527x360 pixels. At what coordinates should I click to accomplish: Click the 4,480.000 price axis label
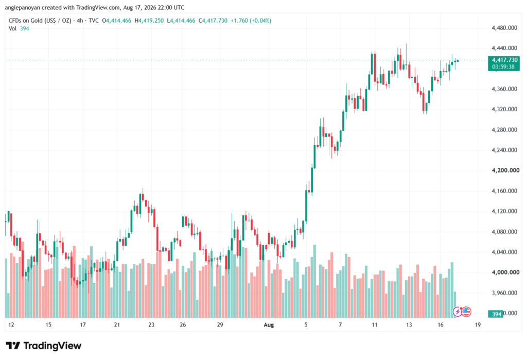click(x=504, y=28)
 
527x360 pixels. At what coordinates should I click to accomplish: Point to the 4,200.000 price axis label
click(x=505, y=170)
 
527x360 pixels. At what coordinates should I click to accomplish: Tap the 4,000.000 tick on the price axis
click(x=504, y=272)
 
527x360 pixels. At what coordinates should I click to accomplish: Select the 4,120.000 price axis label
click(x=504, y=211)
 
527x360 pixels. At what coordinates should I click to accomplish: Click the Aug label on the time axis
click(x=269, y=324)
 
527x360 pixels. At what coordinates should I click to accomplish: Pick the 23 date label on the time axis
click(x=151, y=324)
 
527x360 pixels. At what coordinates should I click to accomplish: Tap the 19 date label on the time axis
click(x=478, y=324)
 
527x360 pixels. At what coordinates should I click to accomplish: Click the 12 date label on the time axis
click(x=11, y=324)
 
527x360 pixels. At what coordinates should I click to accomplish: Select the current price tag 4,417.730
click(x=504, y=60)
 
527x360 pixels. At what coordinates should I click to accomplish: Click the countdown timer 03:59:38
click(x=503, y=66)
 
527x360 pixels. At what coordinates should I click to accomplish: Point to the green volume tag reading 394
click(x=497, y=314)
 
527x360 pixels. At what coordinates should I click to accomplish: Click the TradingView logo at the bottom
click(x=44, y=346)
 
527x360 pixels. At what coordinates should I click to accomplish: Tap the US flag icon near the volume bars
click(x=466, y=312)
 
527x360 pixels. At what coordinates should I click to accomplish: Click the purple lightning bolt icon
click(x=457, y=312)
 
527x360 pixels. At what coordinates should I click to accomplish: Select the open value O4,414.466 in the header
click(x=117, y=21)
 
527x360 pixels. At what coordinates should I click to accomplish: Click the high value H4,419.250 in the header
click(x=149, y=21)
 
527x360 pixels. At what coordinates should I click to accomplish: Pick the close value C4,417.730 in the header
click(x=213, y=21)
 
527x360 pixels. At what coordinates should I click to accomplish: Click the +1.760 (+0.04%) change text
click(x=251, y=21)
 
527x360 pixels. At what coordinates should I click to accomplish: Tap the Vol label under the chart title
click(x=12, y=29)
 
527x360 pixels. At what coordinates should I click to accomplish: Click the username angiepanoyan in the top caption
click(x=23, y=7)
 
